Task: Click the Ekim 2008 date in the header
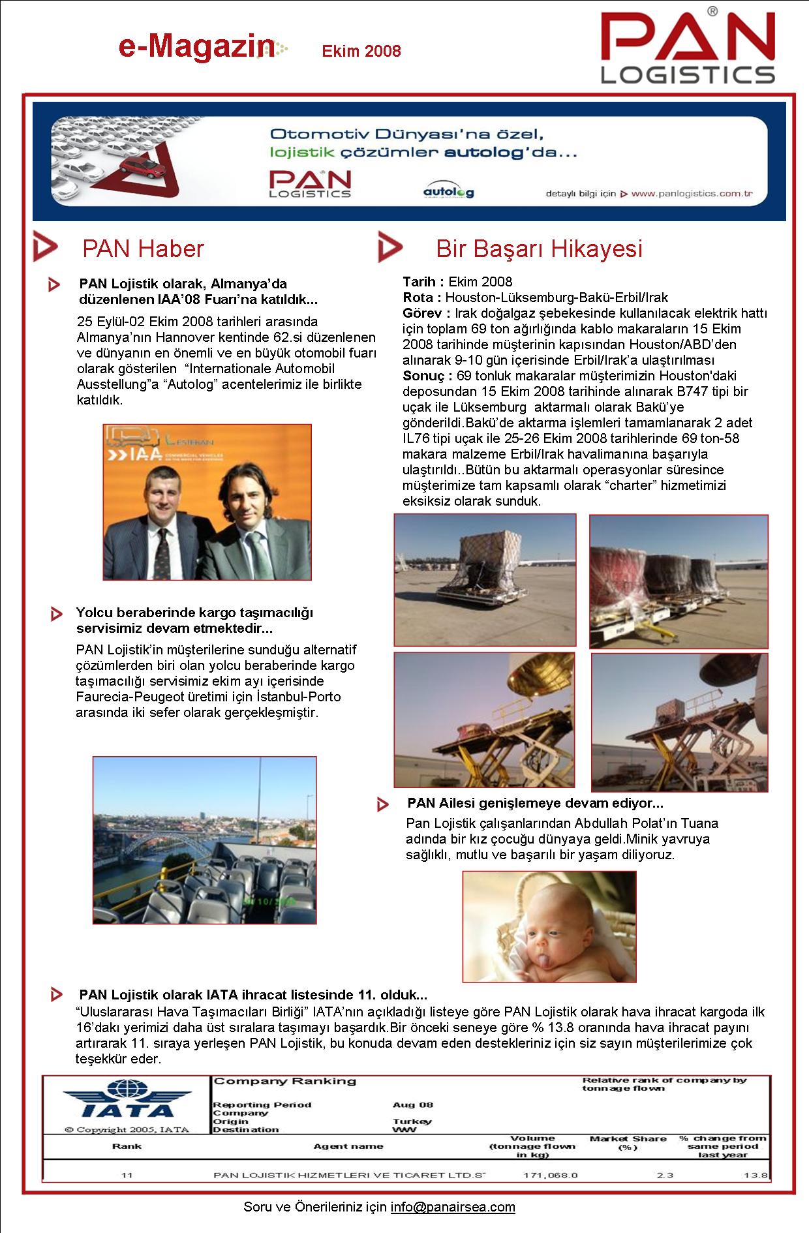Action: tap(361, 51)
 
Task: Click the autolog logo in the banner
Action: tap(448, 190)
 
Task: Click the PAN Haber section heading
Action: tap(143, 249)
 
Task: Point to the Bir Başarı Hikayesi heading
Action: tap(539, 249)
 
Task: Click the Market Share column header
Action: tap(628, 1142)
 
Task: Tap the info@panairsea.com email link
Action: tap(453, 1207)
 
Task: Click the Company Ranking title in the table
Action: tap(285, 1081)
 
